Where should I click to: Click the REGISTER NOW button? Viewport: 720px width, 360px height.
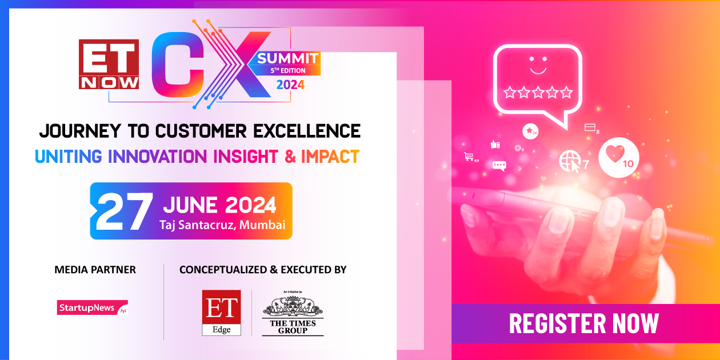[x=583, y=323]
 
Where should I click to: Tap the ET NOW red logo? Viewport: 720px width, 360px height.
[x=109, y=64]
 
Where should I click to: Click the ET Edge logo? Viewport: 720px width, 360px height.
[x=221, y=313]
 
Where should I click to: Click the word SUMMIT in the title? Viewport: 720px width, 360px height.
[x=287, y=58]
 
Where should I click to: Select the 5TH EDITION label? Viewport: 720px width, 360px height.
[x=288, y=71]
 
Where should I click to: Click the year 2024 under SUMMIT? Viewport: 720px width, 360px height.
[x=290, y=85]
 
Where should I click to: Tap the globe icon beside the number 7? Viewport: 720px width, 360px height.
[x=569, y=161]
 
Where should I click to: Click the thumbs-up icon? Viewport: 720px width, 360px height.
[x=495, y=145]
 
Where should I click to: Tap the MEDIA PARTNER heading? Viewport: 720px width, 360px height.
[x=95, y=269]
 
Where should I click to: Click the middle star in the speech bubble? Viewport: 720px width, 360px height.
[x=537, y=92]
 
